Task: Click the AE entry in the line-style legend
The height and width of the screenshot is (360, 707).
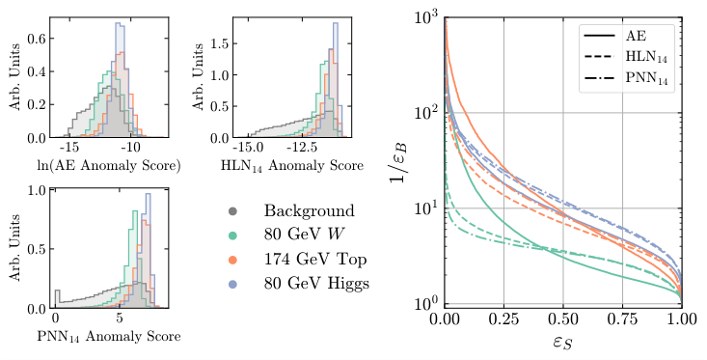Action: [623, 33]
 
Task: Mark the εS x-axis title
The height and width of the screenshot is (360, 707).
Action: [563, 343]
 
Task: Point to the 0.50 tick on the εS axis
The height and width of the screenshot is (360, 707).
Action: [563, 318]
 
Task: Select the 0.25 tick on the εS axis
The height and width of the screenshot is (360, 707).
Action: [503, 318]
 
